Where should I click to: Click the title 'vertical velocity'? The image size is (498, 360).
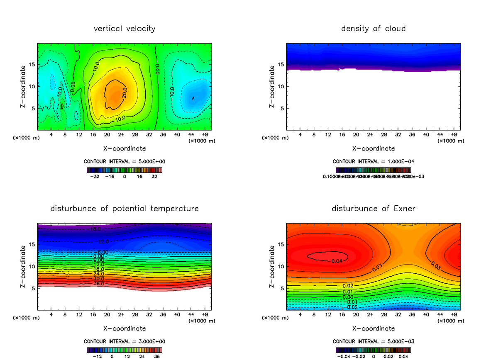click(124, 29)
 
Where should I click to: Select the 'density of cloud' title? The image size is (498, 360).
click(373, 29)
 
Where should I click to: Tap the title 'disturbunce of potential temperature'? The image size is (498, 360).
click(124, 208)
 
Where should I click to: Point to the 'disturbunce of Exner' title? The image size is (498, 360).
click(373, 208)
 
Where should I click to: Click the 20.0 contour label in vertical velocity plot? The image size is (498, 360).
click(124, 94)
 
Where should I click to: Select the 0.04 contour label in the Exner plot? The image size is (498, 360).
click(338, 260)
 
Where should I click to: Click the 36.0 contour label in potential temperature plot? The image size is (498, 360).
click(99, 284)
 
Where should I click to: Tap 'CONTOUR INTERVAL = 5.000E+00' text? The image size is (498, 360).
click(124, 161)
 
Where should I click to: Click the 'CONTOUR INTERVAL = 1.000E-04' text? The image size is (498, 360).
click(373, 161)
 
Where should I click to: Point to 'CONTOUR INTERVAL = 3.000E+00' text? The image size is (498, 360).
click(124, 341)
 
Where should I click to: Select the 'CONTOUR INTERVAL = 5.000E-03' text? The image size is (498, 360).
click(373, 341)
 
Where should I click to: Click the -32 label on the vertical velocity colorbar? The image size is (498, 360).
click(96, 176)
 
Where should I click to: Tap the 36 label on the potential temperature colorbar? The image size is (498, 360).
click(157, 356)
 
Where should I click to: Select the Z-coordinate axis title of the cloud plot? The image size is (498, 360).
click(272, 87)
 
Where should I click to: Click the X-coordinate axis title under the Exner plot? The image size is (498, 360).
click(373, 328)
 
